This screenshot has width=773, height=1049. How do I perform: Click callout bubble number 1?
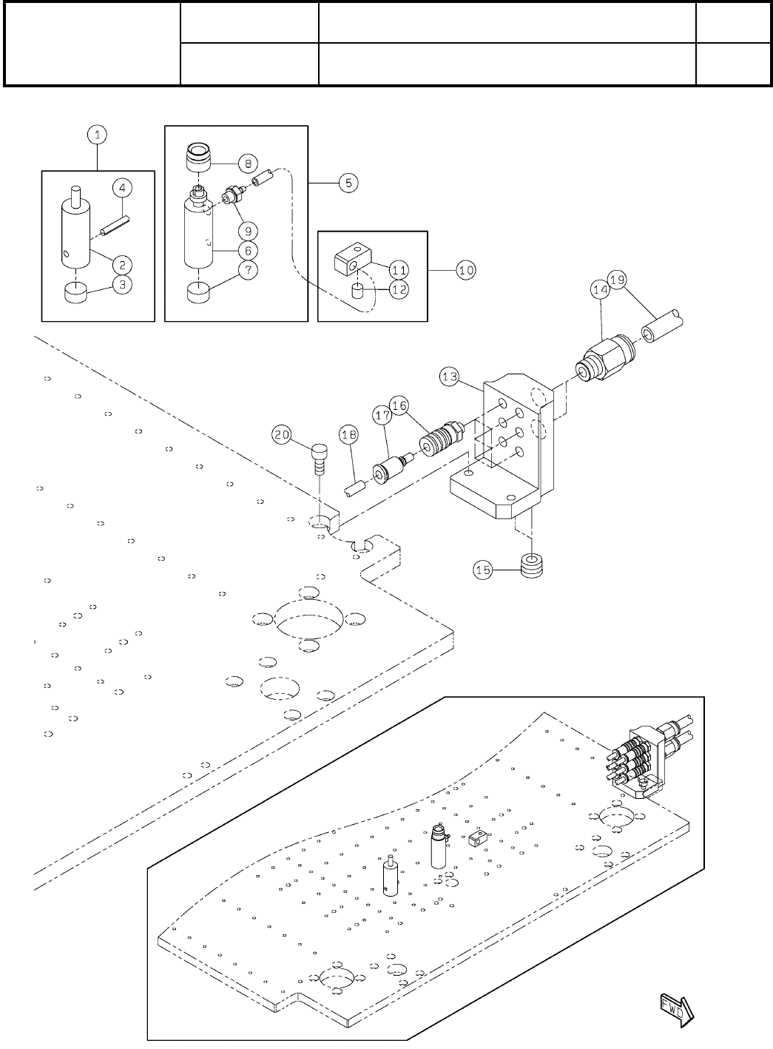coord(96,135)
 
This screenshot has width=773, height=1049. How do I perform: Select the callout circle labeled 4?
coord(122,188)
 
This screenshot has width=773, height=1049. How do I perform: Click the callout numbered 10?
coord(466,270)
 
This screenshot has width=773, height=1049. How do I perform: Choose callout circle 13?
coord(450,377)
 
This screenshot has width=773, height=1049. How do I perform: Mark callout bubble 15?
coord(483,570)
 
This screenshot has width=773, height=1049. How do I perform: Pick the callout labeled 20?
coord(282,435)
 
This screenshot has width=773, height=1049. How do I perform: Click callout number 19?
coord(618,280)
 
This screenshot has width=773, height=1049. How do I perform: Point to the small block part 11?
coord(351,260)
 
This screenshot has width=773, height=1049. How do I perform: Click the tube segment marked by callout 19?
coord(663,328)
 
